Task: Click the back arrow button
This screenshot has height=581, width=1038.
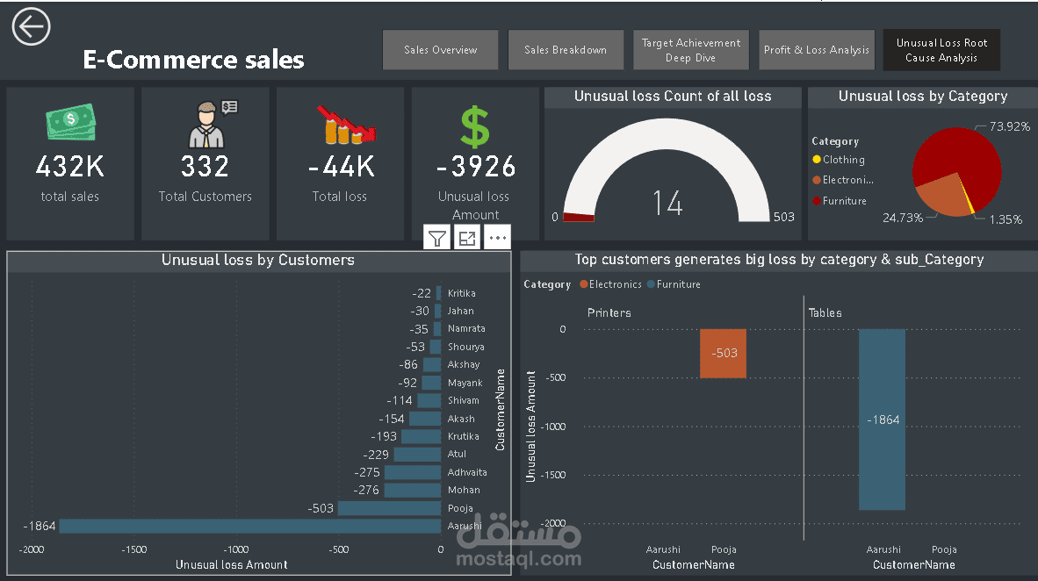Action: [31, 27]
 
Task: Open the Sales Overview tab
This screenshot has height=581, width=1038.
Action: [441, 50]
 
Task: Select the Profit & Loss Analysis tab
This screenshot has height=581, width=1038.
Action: [817, 50]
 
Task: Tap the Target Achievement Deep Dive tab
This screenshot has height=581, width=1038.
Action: [691, 50]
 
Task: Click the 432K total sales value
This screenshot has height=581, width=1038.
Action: [70, 166]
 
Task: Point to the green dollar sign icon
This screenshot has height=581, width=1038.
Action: [475, 127]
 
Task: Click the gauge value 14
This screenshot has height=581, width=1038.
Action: [667, 203]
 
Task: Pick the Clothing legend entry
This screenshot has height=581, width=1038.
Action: [843, 160]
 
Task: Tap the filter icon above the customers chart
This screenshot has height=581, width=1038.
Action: [437, 237]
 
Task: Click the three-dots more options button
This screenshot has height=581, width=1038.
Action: [497, 237]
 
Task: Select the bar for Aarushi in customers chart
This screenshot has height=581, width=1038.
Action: [249, 527]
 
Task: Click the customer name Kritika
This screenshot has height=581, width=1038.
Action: [461, 293]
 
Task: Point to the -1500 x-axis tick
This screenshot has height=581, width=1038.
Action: [133, 549]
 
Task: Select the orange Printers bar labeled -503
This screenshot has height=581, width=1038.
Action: [724, 354]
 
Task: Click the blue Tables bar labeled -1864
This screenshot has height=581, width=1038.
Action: [882, 420]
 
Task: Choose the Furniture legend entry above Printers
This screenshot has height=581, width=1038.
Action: [679, 284]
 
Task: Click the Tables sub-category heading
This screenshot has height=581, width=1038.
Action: [825, 312]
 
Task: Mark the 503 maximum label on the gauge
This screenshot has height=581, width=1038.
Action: [783, 217]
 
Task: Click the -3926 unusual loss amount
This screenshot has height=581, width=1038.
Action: [475, 166]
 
